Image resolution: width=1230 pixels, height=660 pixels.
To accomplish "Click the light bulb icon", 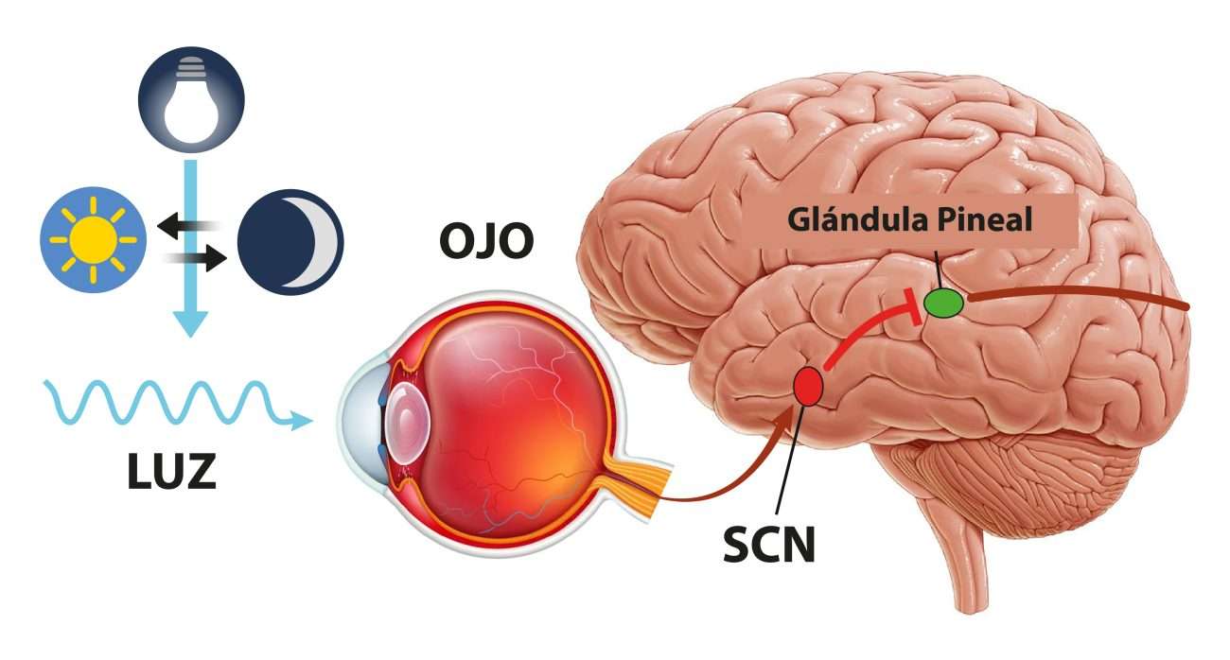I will coord(191,99).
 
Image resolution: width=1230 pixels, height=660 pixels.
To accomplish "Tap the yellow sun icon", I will coord(94,240).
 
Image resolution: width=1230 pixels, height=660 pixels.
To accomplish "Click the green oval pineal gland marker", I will coord(943,303).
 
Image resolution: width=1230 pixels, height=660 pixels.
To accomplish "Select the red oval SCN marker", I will coord(807,386).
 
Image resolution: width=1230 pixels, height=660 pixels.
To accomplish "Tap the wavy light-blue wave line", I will coord(161,402).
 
